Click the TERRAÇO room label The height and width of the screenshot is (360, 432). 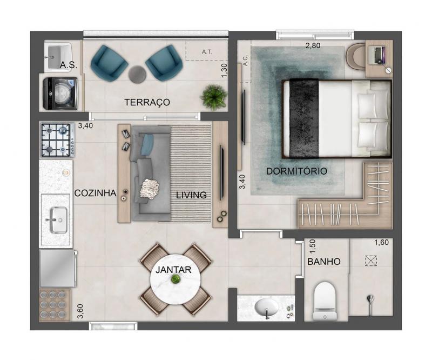[147, 102]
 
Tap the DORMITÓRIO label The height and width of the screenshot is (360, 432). [296, 171]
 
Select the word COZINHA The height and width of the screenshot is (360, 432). [96, 193]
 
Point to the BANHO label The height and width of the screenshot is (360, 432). [323, 262]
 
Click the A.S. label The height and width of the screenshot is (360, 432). [69, 65]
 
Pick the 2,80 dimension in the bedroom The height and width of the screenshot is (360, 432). [313, 45]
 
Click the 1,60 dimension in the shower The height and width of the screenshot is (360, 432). [381, 243]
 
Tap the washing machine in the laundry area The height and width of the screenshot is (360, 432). [60, 94]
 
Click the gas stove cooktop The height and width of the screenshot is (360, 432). [58, 140]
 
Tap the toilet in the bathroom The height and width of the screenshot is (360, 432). [325, 301]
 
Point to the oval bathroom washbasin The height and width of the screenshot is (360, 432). [266, 308]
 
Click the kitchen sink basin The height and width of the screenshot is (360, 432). [58, 220]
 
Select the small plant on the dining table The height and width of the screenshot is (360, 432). [175, 279]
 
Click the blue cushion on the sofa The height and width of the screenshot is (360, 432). [147, 144]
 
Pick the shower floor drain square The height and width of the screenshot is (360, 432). [371, 261]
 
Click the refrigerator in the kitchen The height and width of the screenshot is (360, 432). [58, 269]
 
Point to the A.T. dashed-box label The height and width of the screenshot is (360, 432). [207, 51]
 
